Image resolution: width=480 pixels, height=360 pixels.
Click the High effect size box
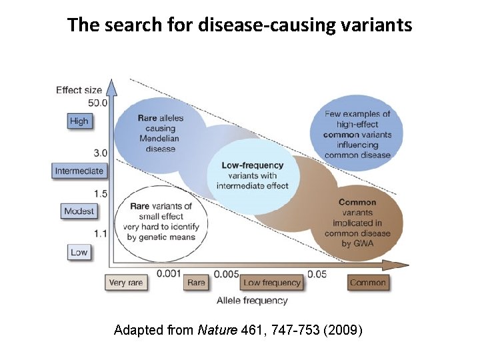(x=79, y=121)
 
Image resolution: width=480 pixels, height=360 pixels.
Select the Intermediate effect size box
(x=79, y=171)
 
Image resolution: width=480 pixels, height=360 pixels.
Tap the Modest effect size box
(x=79, y=211)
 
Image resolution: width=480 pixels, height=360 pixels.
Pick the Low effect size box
(x=79, y=253)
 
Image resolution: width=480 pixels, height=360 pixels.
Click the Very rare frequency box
(x=125, y=283)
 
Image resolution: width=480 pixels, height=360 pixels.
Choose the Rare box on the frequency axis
(x=196, y=283)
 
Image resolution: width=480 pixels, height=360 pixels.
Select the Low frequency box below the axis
(x=272, y=283)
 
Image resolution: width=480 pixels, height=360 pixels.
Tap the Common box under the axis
(x=367, y=283)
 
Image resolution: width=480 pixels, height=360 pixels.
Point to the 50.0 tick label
(x=98, y=102)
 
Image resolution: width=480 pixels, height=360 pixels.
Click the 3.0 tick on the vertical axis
(x=100, y=153)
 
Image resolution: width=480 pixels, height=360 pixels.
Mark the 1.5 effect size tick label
(x=100, y=193)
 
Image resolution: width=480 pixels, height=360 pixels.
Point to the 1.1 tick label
(x=100, y=234)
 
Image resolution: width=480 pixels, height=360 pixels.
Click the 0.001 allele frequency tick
(x=169, y=273)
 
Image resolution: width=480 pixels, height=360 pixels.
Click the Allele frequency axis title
(x=252, y=300)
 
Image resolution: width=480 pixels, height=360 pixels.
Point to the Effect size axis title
(x=79, y=90)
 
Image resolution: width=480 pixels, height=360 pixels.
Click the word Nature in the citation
(x=214, y=330)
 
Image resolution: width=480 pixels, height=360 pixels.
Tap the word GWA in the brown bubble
(x=365, y=243)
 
